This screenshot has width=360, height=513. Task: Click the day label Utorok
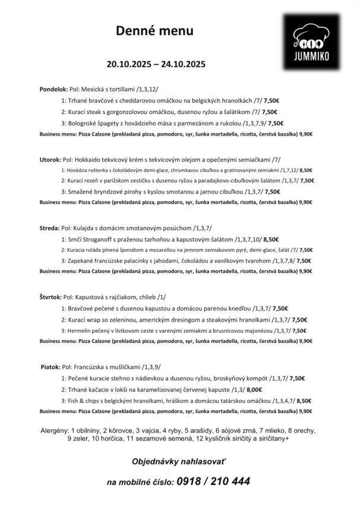tap(50, 159)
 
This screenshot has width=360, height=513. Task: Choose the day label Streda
tap(49, 228)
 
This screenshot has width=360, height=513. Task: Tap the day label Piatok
tap(50, 367)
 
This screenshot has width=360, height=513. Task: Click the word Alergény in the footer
tap(54, 430)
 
